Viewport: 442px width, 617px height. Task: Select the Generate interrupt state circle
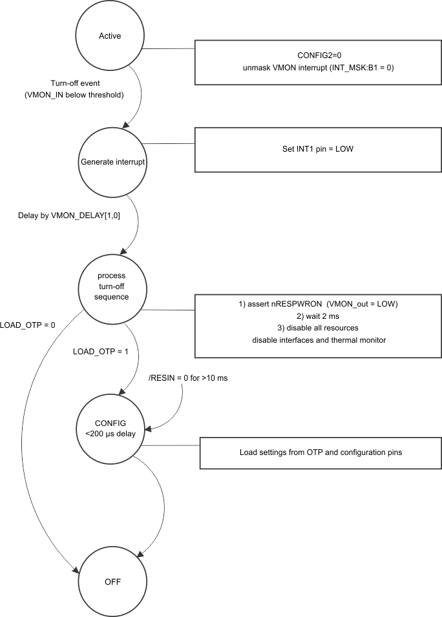click(x=112, y=161)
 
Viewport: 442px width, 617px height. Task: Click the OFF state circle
click(x=112, y=582)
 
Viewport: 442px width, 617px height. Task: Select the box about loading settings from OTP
click(x=321, y=452)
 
